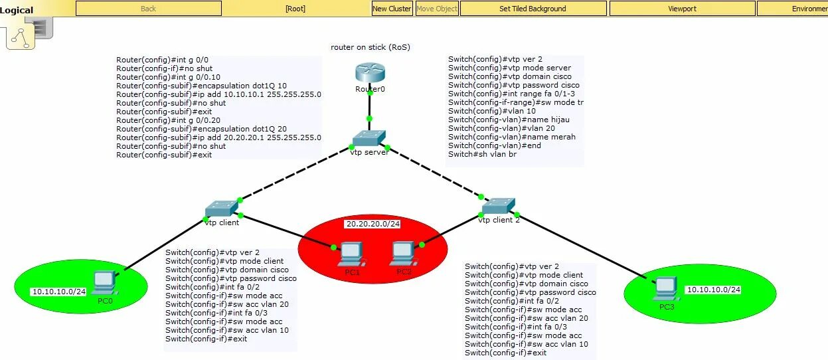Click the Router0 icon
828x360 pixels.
370,72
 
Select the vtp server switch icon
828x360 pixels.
369,138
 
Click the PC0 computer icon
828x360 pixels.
105,284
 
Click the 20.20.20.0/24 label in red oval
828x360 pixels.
373,225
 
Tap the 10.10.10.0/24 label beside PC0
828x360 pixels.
58,292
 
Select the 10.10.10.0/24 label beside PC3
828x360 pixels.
713,290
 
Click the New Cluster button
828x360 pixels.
392,9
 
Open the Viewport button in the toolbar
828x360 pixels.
682,9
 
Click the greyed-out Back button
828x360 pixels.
149,9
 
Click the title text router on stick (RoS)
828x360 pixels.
371,47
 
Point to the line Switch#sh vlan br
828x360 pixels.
482,154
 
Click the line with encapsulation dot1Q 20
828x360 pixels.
201,129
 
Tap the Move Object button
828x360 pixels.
436,9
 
